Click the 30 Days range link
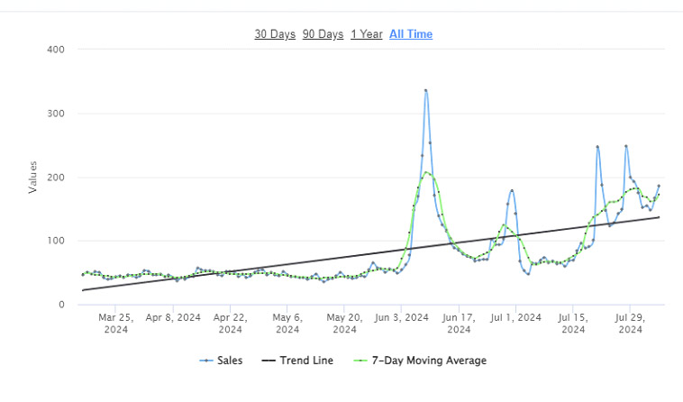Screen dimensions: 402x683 275,34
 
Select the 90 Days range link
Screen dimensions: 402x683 323,34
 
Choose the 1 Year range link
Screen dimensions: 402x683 367,34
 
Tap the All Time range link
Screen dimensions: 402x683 411,34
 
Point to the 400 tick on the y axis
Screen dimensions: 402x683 54,50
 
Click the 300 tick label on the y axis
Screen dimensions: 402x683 54,114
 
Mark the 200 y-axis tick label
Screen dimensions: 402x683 54,178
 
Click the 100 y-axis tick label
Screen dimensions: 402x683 54,242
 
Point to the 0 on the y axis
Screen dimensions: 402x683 60,305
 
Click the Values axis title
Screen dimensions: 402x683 33,178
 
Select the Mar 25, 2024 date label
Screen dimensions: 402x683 115,323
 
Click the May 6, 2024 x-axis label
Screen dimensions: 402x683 287,323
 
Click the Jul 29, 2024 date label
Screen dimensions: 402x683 630,323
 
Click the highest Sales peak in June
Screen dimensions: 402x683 425,90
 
